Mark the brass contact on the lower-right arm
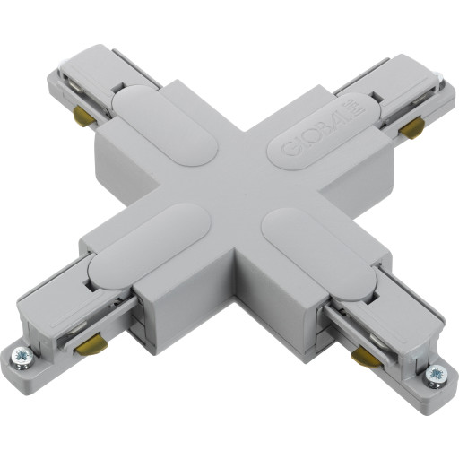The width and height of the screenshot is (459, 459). tap(363, 359)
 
